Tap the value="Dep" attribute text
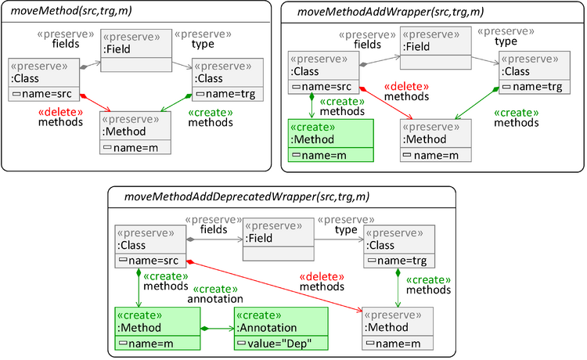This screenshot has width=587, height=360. click(x=284, y=344)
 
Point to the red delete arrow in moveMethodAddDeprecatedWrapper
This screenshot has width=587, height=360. click(x=274, y=285)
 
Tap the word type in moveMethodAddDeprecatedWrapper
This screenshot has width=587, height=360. click(x=346, y=229)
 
